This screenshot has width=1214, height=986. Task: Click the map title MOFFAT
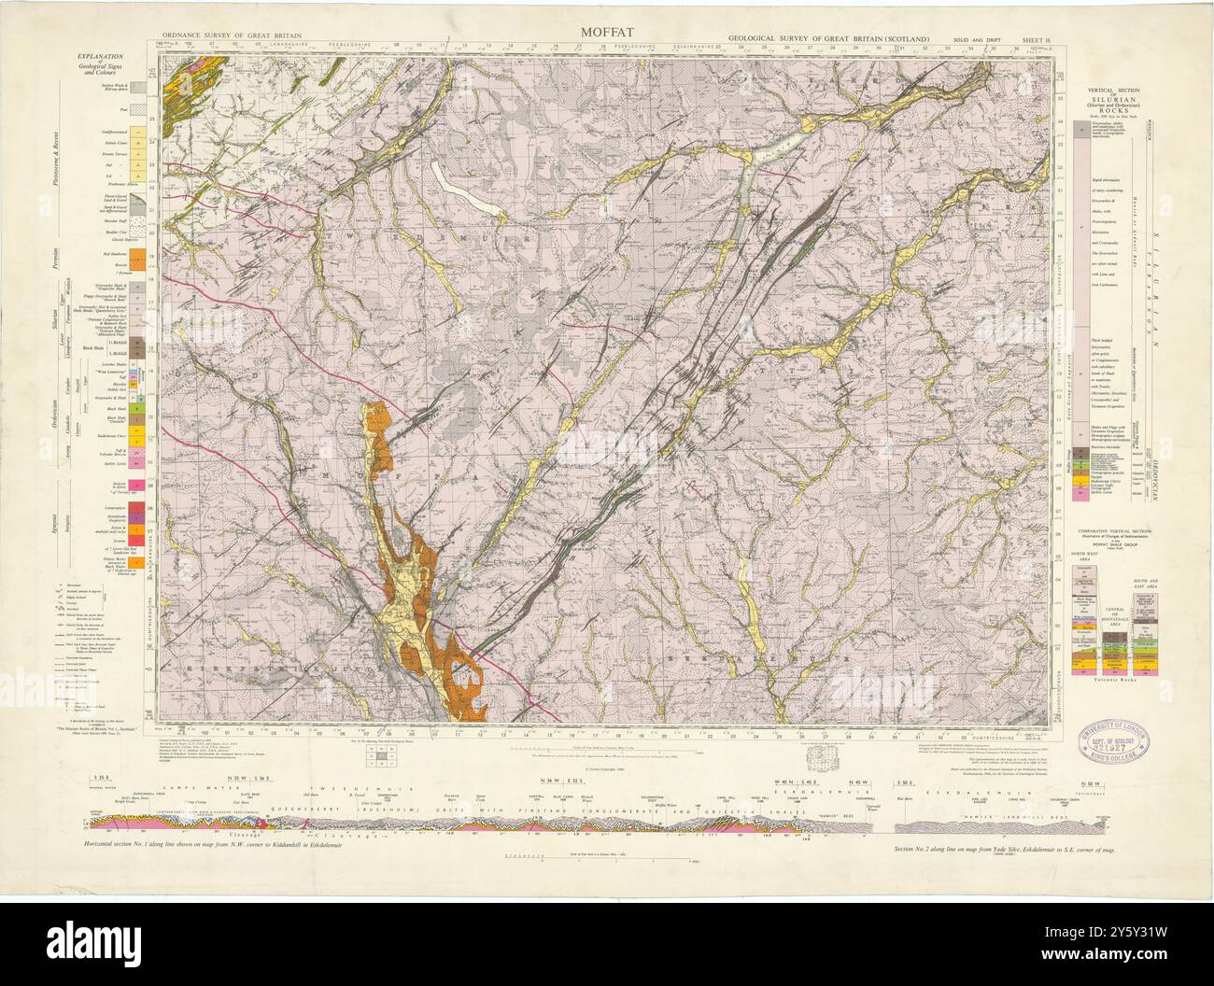(x=607, y=30)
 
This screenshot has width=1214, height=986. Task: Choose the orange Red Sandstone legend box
(x=136, y=253)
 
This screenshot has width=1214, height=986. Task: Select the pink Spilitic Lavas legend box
(x=136, y=461)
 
